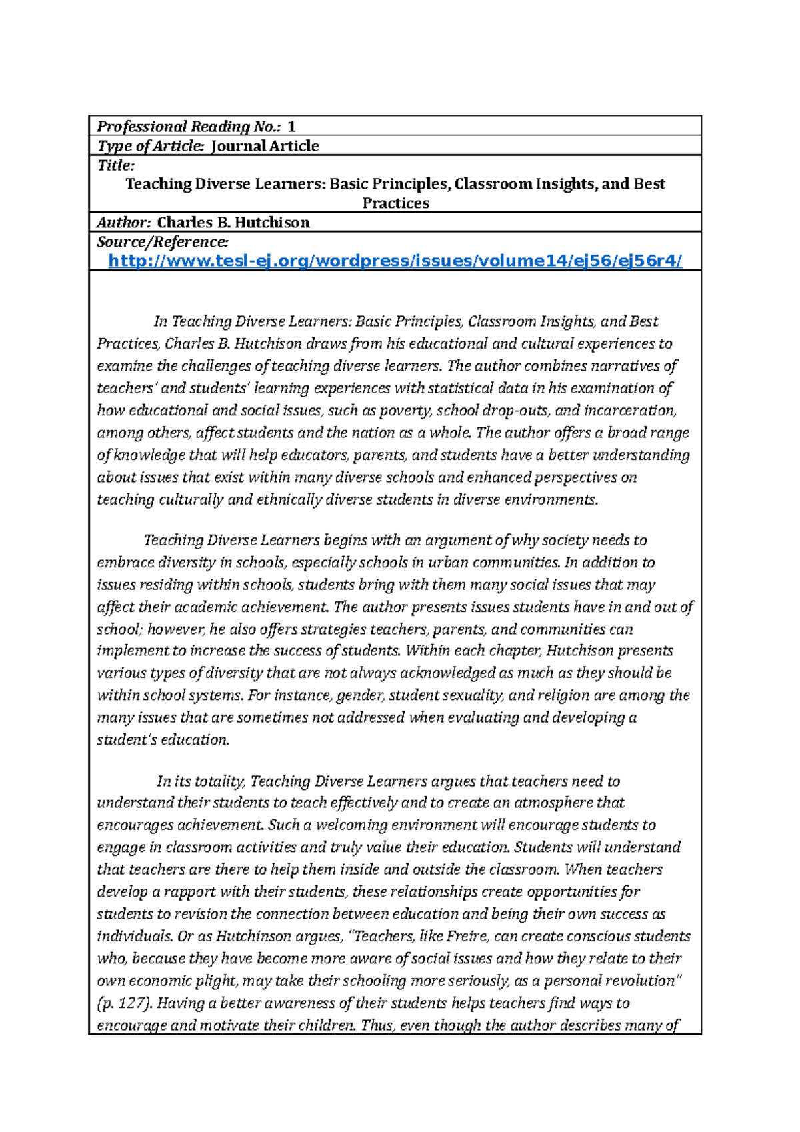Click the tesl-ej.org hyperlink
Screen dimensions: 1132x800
click(395, 261)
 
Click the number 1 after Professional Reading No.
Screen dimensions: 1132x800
click(291, 126)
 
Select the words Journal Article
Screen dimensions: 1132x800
click(265, 146)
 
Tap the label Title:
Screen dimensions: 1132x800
click(116, 165)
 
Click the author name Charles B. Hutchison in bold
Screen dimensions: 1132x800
click(233, 223)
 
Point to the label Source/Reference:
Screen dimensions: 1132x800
click(163, 241)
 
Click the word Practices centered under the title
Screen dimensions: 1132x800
click(395, 203)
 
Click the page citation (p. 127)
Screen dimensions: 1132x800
click(125, 1003)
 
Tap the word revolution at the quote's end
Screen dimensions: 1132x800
click(643, 981)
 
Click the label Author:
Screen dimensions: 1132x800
click(124, 223)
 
